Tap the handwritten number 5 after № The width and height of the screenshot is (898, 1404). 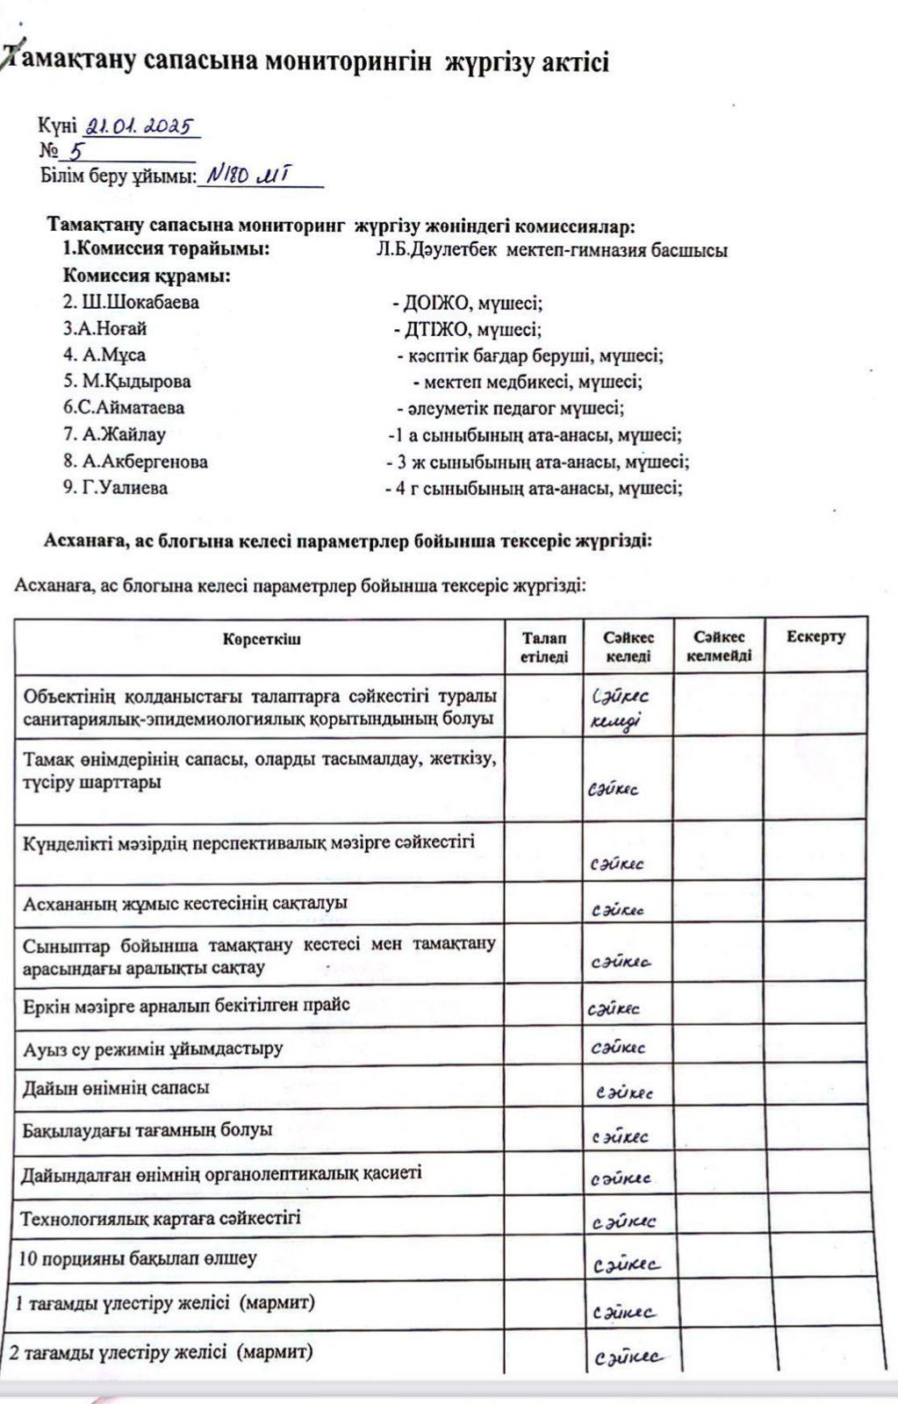click(77, 151)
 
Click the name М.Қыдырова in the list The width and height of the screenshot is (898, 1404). click(126, 382)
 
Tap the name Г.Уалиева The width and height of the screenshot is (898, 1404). click(115, 488)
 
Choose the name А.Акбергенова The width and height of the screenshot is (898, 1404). click(135, 462)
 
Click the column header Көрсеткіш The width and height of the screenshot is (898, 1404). click(261, 639)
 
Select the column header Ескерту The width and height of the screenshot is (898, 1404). click(815, 637)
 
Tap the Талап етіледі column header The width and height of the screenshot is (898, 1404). click(543, 647)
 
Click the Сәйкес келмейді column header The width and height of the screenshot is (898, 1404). click(718, 647)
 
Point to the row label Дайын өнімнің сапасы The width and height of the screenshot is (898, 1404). click(116, 1088)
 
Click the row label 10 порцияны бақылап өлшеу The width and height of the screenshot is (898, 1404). click(138, 1258)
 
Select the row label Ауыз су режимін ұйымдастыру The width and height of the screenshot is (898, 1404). click(153, 1049)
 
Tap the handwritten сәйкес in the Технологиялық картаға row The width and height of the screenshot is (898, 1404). click(624, 1221)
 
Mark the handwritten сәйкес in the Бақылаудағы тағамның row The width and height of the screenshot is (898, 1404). click(620, 1137)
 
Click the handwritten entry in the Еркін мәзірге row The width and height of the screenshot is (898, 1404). click(614, 1008)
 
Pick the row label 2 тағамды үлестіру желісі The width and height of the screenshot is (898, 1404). click(162, 1352)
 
